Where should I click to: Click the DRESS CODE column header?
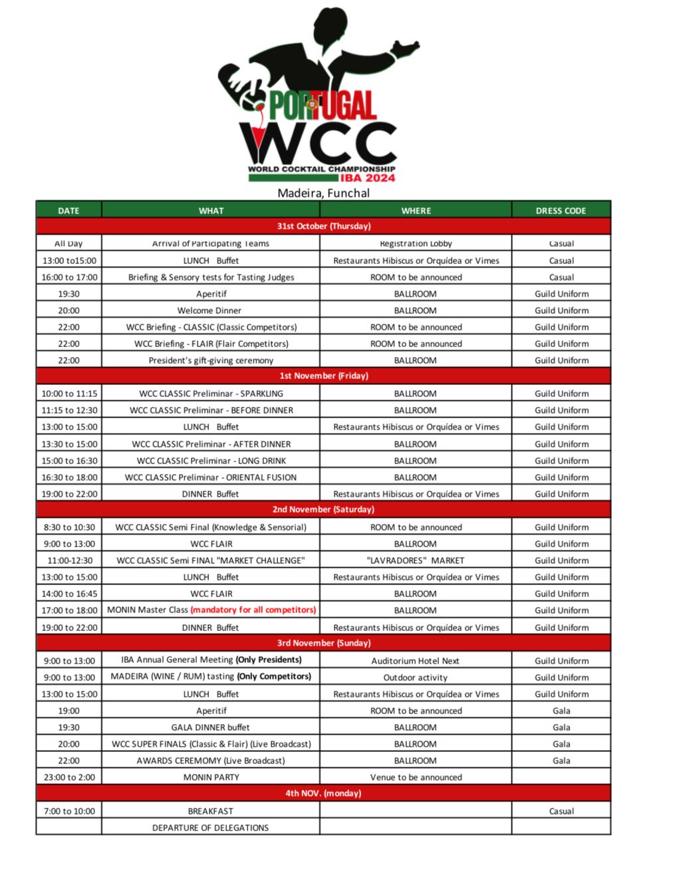click(x=561, y=210)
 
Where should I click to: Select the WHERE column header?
click(x=416, y=210)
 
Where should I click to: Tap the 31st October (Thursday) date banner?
click(x=323, y=226)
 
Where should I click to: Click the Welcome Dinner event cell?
click(x=209, y=311)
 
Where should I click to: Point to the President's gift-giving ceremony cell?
click(x=211, y=360)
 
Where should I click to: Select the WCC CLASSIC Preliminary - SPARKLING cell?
click(x=211, y=394)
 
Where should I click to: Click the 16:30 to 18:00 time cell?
click(x=69, y=477)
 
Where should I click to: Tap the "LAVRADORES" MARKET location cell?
click(x=416, y=561)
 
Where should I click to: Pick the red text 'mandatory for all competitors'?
click(x=253, y=610)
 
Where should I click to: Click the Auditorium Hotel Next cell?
click(x=416, y=661)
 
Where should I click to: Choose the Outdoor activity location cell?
click(x=416, y=678)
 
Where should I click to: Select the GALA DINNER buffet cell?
click(x=211, y=727)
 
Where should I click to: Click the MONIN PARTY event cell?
click(x=211, y=777)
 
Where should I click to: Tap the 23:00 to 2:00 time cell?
click(x=69, y=777)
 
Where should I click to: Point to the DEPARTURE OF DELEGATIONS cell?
click(x=211, y=828)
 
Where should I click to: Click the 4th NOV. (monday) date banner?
click(x=323, y=793)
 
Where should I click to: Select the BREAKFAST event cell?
click(x=211, y=811)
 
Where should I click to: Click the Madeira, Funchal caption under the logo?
click(x=323, y=193)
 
